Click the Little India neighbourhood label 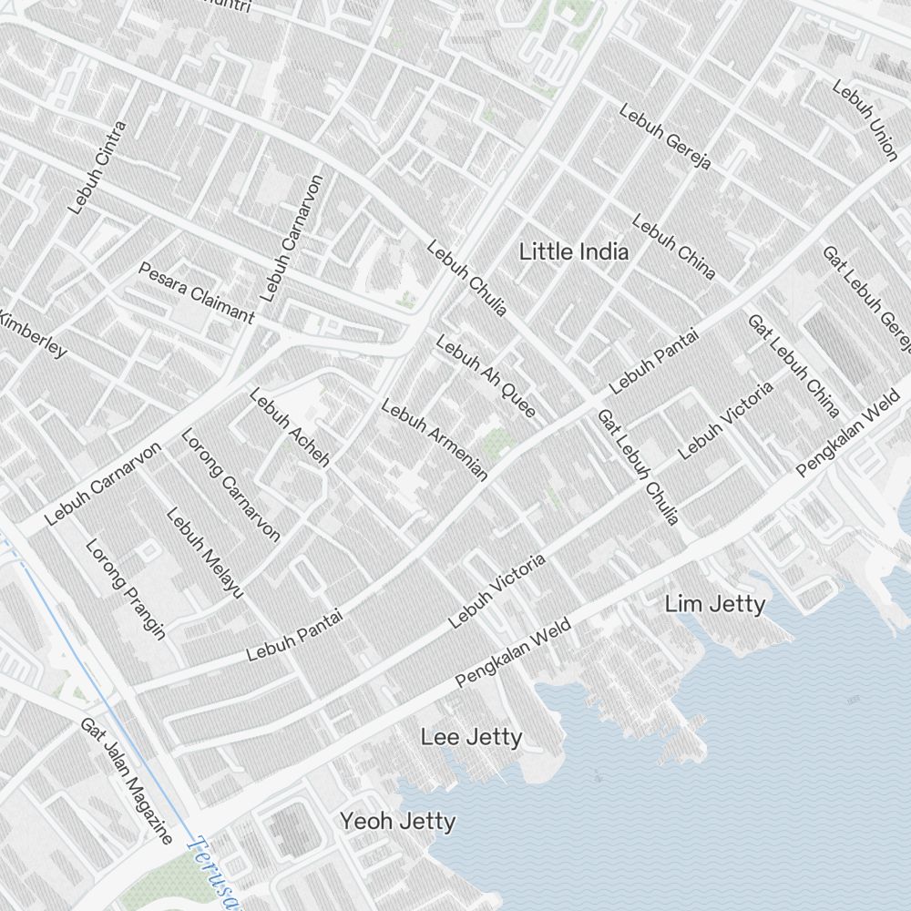[x=573, y=252]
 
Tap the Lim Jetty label [x=714, y=604]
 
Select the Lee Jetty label [x=471, y=737]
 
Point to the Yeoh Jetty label [x=398, y=821]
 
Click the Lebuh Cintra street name [x=97, y=168]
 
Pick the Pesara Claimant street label [x=196, y=292]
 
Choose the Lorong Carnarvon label [x=230, y=485]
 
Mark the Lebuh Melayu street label [x=205, y=552]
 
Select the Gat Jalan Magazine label [x=126, y=780]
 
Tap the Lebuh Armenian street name [x=435, y=439]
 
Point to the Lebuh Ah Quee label [x=486, y=377]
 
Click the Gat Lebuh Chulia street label [x=638, y=466]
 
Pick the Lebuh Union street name [x=865, y=119]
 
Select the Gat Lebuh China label [x=793, y=364]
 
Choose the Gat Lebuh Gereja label [x=866, y=298]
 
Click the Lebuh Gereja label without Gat [x=664, y=137]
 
